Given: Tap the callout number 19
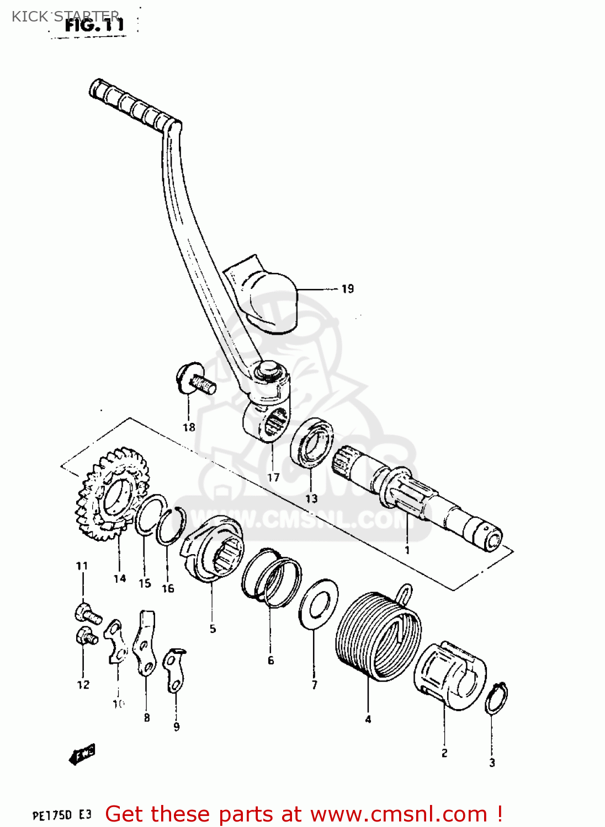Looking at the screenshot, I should (347, 289).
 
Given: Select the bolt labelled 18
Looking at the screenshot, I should (196, 379).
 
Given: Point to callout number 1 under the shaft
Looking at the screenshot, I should (407, 550).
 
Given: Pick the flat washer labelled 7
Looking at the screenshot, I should (318, 603).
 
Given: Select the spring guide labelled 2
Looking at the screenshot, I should (450, 675).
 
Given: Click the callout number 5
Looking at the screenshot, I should (213, 629).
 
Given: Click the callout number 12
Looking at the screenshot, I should (83, 685).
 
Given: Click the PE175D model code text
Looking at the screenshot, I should (53, 815).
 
